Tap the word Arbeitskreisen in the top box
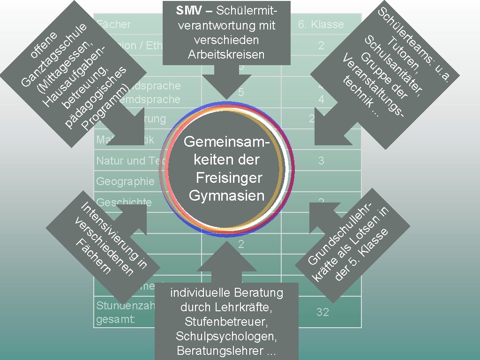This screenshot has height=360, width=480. click(226, 54)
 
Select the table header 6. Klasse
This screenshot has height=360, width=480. click(321, 24)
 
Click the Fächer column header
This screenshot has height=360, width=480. click(113, 24)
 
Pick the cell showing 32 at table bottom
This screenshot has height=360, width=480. click(322, 312)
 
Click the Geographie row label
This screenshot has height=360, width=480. click(125, 181)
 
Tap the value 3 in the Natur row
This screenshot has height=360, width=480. click(321, 161)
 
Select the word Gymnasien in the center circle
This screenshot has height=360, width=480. click(227, 195)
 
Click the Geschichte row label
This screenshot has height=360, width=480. click(124, 202)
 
